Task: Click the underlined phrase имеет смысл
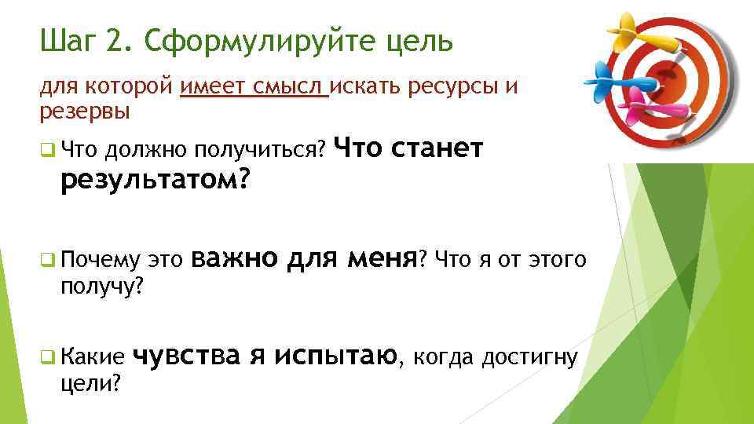click(253, 86)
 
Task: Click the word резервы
click(85, 112)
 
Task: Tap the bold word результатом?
click(155, 181)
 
